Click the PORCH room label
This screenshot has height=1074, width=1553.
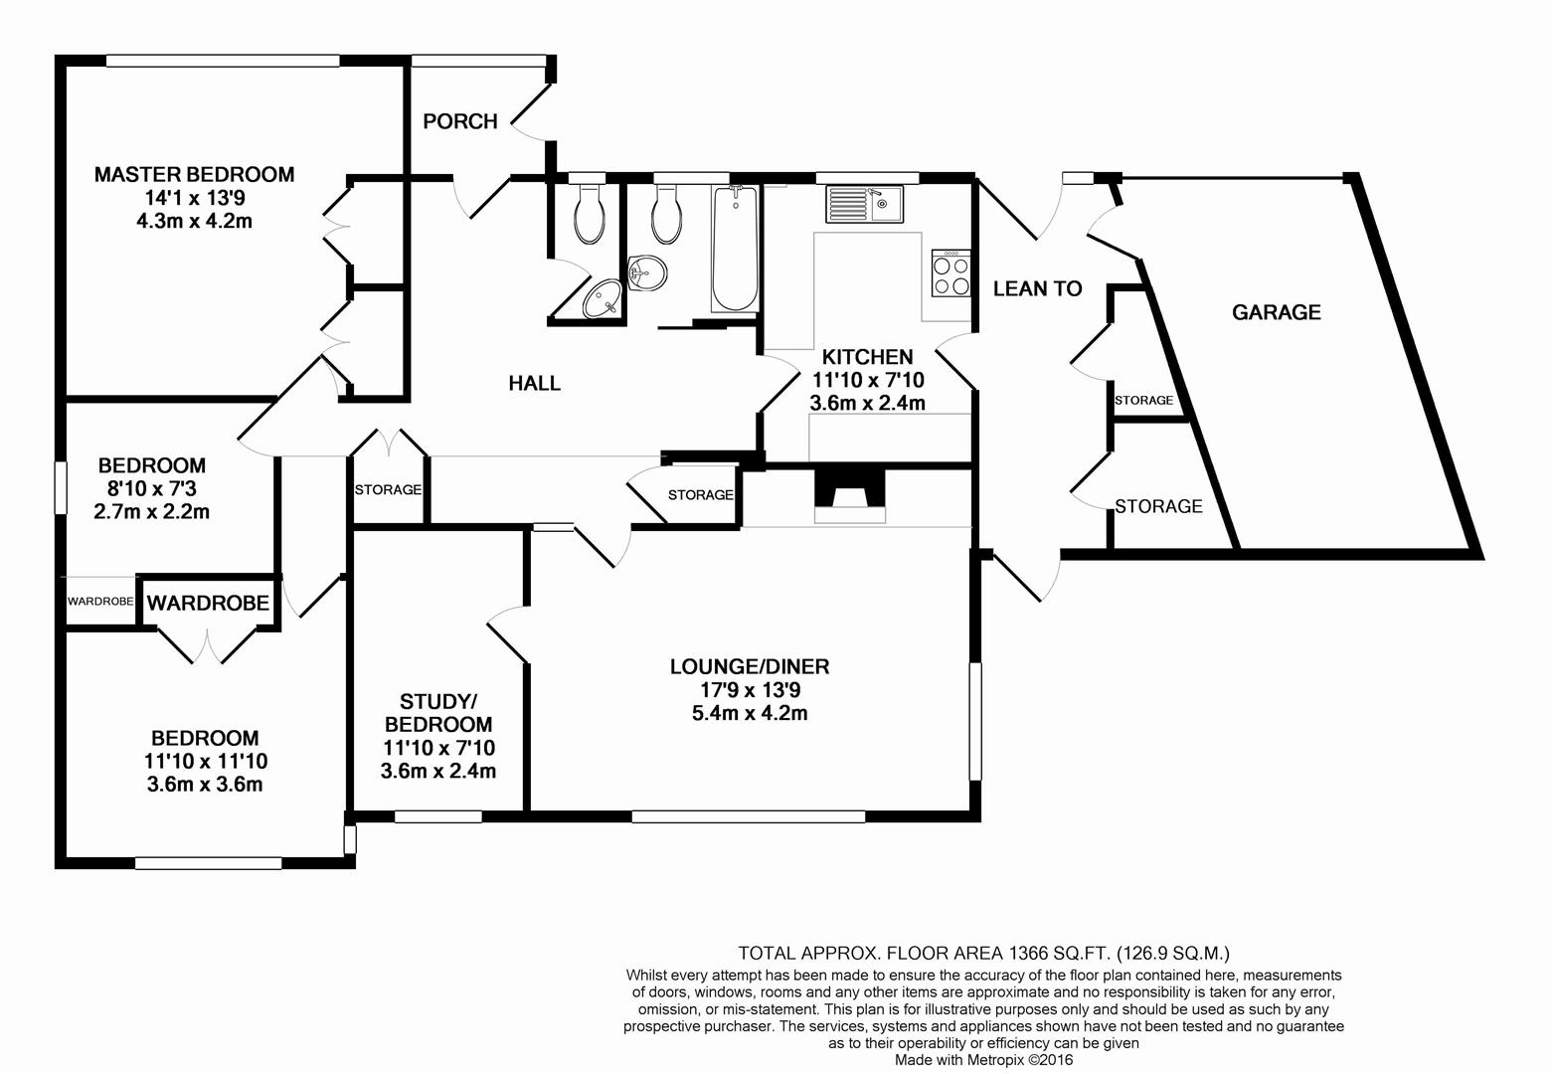click(460, 121)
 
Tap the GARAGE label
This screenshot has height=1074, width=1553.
click(1277, 312)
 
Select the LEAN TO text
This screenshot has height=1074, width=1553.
click(1037, 288)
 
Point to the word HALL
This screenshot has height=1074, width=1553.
click(535, 383)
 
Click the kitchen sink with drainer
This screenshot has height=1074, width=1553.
click(865, 204)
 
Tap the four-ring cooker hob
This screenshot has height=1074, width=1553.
click(951, 273)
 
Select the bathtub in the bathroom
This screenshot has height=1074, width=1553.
click(735, 249)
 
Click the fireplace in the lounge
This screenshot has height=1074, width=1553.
click(850, 496)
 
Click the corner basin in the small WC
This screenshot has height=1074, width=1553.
click(602, 299)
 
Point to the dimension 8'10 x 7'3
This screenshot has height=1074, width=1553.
click(152, 489)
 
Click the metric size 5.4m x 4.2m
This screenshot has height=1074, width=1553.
click(751, 713)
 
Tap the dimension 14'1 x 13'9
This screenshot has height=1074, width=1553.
click(195, 198)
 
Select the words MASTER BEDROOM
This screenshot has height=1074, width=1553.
click(194, 174)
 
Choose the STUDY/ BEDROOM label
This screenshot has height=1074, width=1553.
click(438, 712)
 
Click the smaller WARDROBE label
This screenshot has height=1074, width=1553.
click(100, 601)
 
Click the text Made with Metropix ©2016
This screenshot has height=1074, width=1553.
click(983, 1059)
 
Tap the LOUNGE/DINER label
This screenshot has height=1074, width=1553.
click(750, 666)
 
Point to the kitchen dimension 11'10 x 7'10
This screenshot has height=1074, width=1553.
click(868, 380)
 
